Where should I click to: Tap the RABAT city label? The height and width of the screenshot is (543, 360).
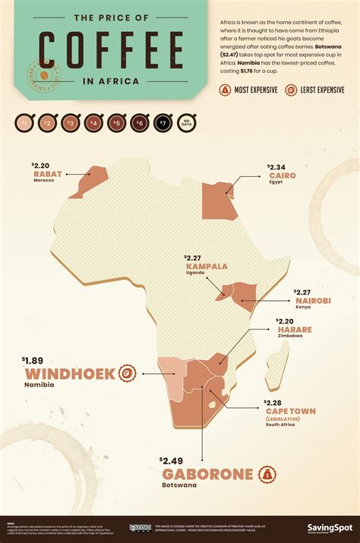click(47, 174)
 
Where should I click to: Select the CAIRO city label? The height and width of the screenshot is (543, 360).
click(281, 175)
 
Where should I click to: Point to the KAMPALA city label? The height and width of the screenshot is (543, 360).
click(207, 267)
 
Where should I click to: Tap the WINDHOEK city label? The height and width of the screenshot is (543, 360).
click(70, 374)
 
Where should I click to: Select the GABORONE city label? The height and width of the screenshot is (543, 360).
click(207, 475)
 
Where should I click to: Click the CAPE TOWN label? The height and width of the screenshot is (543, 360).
click(289, 411)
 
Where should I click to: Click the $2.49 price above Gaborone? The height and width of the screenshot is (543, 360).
click(172, 460)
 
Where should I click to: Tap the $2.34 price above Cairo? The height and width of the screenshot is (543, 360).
click(276, 166)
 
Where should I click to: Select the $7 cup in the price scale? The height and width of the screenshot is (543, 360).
click(161, 122)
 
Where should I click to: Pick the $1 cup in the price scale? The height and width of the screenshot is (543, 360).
click(24, 122)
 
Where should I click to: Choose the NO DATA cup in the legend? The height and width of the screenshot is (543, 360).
click(184, 122)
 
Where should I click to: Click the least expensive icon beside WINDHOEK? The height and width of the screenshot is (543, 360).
click(128, 373)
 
